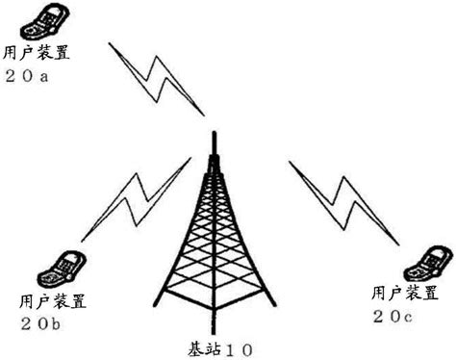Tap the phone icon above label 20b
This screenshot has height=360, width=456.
coord(62,270)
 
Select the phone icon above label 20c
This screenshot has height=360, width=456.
coord(429,264)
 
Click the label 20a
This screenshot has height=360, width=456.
coord(27,77)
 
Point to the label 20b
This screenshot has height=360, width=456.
coord(40,324)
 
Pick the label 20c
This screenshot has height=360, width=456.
coord(393,318)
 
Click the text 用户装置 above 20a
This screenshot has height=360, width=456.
coord(37,53)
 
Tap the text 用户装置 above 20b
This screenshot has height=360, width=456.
coord(53,300)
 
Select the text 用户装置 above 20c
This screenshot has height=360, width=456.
coord(405,293)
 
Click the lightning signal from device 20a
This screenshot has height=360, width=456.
coord(157,79)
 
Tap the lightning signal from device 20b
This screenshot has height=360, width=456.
coord(137,199)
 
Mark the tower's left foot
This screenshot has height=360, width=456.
coord(156,305)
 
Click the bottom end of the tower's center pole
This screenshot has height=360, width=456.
coord(215,334)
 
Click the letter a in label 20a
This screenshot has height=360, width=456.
coord(44,78)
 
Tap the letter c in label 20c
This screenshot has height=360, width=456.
coord(408,319)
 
